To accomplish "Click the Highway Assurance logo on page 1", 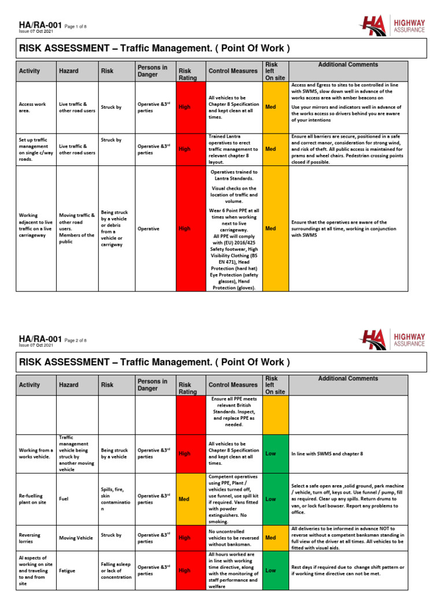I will (x=393, y=26).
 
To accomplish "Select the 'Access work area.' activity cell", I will (x=34, y=108).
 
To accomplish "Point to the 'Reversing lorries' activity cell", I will (x=34, y=538).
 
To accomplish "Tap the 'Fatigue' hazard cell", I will (x=68, y=569).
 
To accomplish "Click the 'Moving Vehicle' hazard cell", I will (x=76, y=538).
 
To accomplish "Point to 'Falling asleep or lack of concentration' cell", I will (x=116, y=569).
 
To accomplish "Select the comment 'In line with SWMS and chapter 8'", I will (x=327, y=454).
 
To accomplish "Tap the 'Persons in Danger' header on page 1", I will (x=152, y=71).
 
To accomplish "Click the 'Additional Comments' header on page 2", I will (x=348, y=379).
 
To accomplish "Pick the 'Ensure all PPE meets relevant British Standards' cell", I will (x=234, y=412).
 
